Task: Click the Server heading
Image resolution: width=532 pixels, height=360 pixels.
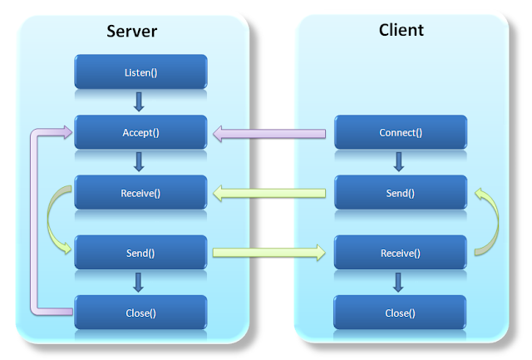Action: [132, 32]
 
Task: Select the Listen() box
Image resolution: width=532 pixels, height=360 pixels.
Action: [140, 72]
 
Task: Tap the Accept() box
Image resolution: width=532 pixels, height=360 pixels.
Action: [140, 132]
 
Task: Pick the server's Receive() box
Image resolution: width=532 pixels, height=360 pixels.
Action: [140, 193]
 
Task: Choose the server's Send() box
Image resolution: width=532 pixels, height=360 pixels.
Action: [140, 253]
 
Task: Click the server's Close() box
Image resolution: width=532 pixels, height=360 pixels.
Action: [140, 313]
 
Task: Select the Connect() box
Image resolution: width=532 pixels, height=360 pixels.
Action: [401, 132]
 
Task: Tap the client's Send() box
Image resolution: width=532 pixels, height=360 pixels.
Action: [401, 193]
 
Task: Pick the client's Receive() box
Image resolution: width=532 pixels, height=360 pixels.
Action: [401, 253]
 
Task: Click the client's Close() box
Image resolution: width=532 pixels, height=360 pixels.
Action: [401, 313]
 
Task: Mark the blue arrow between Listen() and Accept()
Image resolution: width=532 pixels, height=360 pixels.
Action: [139, 102]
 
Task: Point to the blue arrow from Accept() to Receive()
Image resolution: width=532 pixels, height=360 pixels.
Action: [139, 162]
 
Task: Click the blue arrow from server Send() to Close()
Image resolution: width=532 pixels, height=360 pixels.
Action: [139, 283]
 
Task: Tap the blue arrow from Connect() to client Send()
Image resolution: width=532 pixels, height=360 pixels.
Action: [400, 162]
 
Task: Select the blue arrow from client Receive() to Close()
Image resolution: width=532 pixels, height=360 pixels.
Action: [400, 283]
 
